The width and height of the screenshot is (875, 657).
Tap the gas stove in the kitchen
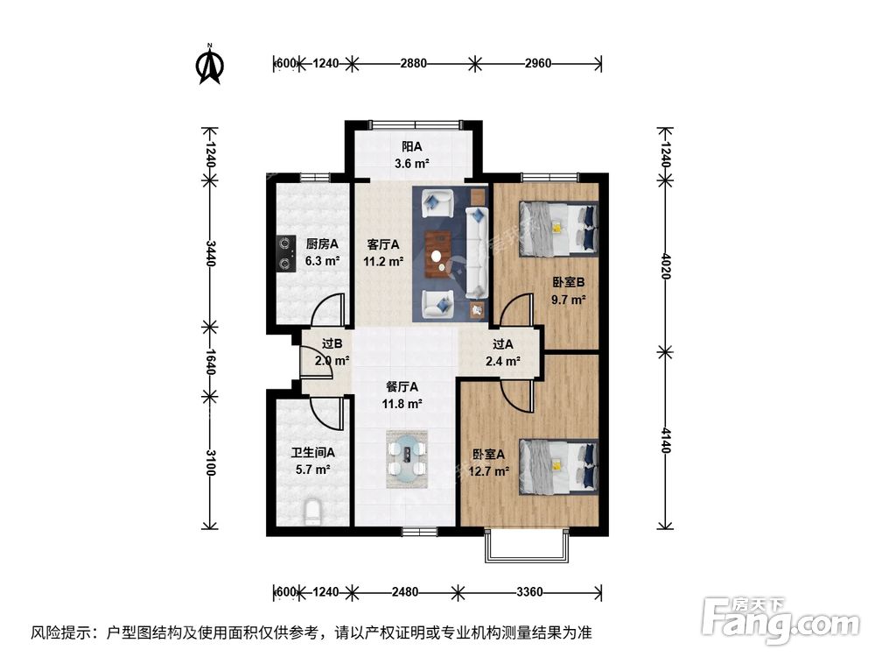pyautogui.click(x=284, y=253)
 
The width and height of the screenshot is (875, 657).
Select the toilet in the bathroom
pyautogui.click(x=312, y=512)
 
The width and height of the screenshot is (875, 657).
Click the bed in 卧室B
pyautogui.click(x=559, y=227)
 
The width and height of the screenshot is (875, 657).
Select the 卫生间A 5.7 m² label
pyautogui.click(x=312, y=461)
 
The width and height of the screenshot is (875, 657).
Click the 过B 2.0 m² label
pyautogui.click(x=332, y=352)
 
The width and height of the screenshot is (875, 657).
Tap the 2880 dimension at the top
pyautogui.click(x=413, y=63)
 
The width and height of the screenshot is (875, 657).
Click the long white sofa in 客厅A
pyautogui.click(x=478, y=252)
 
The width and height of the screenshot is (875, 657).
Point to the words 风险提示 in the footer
pyautogui.click(x=63, y=632)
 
